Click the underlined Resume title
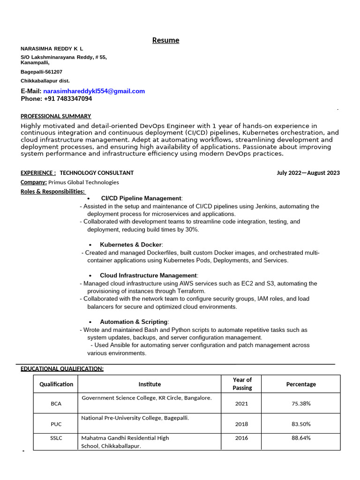coord(165,40)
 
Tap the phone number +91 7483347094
coord(68,99)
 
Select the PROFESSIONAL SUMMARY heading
coord(56,116)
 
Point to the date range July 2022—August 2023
coord(308,173)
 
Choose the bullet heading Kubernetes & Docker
coord(131,245)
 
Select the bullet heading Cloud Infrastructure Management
coord(148,276)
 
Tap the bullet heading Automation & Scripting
coord(134,322)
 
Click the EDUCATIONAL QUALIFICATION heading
coord(62,369)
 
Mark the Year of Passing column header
coord(242,384)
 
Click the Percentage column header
coord(301,384)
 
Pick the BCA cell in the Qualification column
coord(56,404)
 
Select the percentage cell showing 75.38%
coord(301,404)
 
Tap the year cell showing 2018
coord(242,424)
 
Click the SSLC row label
coord(56,438)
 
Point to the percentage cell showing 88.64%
coord(301,438)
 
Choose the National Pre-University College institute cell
coord(135,418)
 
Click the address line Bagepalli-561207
coord(41,72)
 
